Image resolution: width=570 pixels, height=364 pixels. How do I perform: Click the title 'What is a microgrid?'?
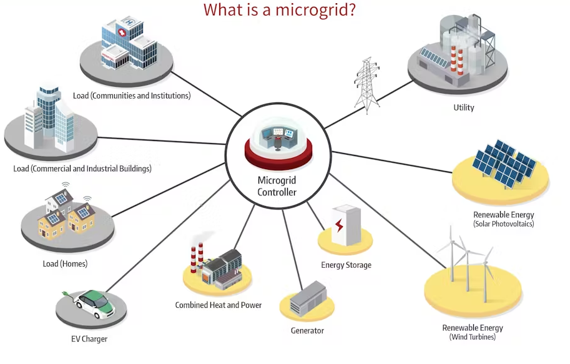pos(280,11)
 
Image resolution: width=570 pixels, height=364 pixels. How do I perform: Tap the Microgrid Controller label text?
pos(277,186)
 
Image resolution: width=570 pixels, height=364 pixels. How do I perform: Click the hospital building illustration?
pos(127,44)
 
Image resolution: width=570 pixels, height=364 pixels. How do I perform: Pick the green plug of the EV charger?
pos(65,292)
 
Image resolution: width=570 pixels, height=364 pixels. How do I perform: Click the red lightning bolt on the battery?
pos(340,225)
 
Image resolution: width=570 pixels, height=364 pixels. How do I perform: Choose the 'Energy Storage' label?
pos(346,265)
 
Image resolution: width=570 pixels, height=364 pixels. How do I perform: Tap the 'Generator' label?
pos(307,330)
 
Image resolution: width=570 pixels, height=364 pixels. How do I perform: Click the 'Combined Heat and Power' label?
pos(218,305)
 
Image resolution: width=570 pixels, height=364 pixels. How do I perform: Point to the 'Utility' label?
pos(464,107)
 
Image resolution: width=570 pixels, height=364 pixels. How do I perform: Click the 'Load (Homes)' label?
pos(65,263)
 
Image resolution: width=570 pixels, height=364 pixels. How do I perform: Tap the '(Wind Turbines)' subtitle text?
pos(472,337)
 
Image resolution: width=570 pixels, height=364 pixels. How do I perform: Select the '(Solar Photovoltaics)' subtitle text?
pos(503,224)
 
